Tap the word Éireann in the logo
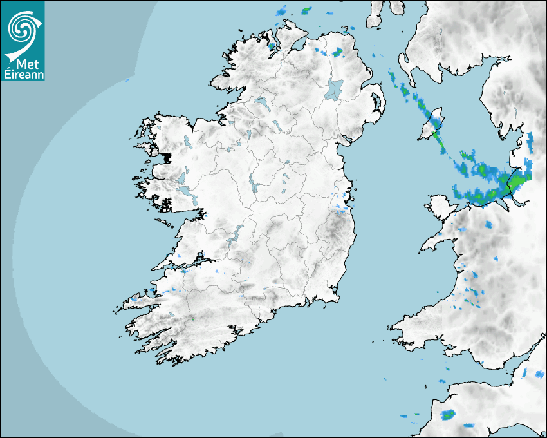coord(23,74)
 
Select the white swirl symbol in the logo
coord(21,29)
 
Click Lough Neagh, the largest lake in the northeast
coord(335,88)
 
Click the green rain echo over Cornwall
coord(448,414)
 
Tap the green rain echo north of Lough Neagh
coord(337,52)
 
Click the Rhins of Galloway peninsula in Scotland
coord(403,64)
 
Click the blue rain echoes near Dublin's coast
coord(341,206)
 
